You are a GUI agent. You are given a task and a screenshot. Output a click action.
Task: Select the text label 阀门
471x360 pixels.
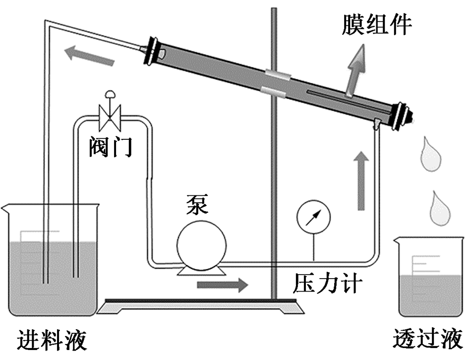click(111, 147)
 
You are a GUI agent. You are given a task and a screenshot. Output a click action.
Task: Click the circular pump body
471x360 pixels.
click(202, 245)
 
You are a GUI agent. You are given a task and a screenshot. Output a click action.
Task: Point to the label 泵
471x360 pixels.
click(197, 204)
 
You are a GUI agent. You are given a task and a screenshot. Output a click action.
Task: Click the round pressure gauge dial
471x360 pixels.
click(314, 217)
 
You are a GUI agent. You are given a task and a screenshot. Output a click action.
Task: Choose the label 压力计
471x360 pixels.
click(327, 283)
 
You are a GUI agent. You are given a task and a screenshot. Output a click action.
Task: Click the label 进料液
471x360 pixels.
click(52, 340)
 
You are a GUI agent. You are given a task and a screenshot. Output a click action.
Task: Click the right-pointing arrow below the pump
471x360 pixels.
click(223, 285)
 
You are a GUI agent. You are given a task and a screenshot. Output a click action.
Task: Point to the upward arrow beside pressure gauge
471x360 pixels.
click(361, 181)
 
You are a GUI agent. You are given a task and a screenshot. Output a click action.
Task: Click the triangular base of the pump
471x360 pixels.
click(202, 271)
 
